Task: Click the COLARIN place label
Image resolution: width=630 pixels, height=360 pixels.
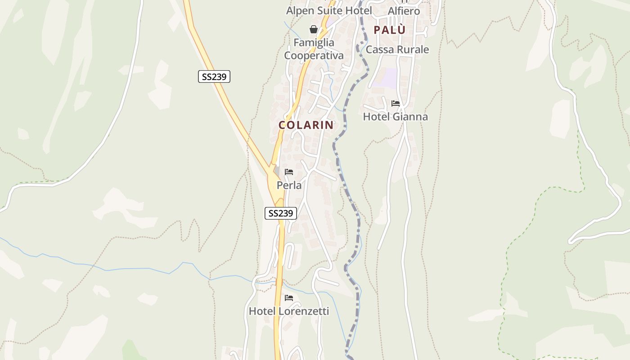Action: point(306,125)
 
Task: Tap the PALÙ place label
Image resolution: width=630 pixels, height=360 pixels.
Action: point(389,30)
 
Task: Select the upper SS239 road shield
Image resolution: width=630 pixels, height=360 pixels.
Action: point(214,76)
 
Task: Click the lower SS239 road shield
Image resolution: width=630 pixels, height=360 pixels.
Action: point(280,213)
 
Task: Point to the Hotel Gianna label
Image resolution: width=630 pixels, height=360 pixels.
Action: point(395,117)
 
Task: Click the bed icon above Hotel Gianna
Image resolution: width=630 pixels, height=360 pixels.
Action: point(396,103)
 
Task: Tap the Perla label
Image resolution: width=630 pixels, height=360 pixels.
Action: point(289,185)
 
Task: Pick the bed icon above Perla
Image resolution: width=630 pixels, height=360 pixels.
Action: point(289,172)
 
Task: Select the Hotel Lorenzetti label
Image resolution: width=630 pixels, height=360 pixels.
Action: point(288,311)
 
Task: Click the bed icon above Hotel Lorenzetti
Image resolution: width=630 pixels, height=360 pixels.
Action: point(289,297)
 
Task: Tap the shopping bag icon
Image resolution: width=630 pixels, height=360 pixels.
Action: point(314,30)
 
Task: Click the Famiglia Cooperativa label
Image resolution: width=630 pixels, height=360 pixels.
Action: point(314,49)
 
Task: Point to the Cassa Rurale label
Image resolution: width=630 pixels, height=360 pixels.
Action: point(397,49)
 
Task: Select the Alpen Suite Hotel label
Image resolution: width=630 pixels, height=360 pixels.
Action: point(329,10)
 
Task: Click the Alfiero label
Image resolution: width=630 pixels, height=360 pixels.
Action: point(404,11)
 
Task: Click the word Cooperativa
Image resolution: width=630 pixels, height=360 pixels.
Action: point(314,56)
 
